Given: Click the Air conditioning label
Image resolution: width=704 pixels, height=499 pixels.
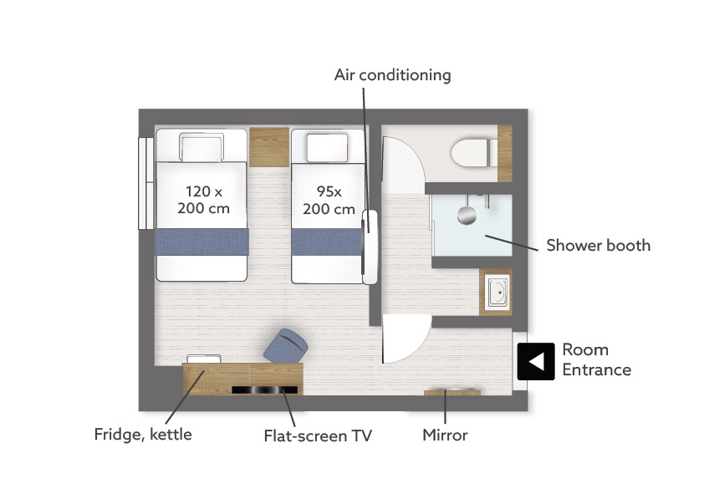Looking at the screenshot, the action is (392, 75).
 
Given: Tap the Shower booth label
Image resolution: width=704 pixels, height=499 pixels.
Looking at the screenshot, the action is (598, 245).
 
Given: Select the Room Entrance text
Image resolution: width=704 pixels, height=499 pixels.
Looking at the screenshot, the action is (597, 359).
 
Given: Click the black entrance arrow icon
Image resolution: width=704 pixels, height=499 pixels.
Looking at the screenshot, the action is (536, 361).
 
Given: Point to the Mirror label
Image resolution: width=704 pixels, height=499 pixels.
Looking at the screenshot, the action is (445, 435).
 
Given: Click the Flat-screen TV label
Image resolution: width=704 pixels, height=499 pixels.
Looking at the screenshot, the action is (318, 435).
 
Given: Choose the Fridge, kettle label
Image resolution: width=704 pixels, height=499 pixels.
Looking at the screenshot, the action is (143, 435).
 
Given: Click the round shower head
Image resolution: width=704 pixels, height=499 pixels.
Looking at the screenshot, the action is (467, 215).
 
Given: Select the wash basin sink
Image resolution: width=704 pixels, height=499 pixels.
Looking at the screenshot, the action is (498, 293).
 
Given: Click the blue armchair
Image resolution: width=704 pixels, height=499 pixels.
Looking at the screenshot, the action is (285, 346).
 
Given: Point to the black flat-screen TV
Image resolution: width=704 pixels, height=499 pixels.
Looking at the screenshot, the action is (264, 390).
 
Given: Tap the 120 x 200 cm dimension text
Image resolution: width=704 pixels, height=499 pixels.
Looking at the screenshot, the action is (203, 200).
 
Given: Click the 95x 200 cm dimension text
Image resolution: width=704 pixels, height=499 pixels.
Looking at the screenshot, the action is (329, 200).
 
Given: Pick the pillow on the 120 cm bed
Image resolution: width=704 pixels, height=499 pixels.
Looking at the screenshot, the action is (202, 147).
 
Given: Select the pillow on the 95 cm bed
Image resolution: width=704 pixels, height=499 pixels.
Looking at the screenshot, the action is (327, 148).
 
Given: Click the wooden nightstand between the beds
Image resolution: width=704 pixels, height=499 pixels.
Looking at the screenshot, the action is (269, 147).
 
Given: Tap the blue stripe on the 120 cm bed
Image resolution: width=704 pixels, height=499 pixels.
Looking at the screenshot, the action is (202, 242).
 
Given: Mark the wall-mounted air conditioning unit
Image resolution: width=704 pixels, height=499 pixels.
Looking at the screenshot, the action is (370, 247).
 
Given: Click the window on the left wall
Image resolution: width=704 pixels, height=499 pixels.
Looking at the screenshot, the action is (146, 183).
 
